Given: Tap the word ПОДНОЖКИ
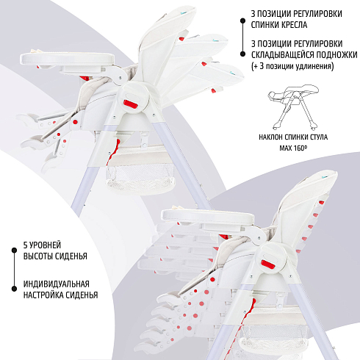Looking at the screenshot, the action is (x=336, y=55).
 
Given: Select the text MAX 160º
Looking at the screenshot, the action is (x=293, y=148).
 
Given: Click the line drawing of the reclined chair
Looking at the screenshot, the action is (x=293, y=107).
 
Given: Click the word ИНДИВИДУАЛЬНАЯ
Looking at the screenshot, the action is (x=57, y=284).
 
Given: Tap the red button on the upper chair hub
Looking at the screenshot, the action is (x=131, y=104).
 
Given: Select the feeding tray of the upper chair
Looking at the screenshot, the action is (x=67, y=59).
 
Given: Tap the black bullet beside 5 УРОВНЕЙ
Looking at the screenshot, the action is (x=15, y=251).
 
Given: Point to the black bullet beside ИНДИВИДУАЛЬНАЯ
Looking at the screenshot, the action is (x=15, y=289).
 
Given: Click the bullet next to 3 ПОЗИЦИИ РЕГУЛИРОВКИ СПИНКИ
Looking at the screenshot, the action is (x=242, y=21).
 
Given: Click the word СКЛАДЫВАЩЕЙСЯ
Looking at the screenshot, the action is (x=283, y=55).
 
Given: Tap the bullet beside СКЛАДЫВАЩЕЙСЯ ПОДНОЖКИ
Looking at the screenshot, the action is (x=242, y=54).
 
